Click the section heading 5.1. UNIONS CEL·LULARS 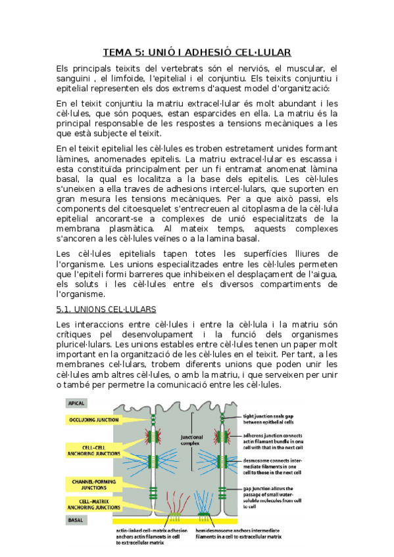(x=106, y=308)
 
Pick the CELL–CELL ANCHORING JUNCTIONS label (x=91, y=451)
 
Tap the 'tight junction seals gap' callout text (x=272, y=416)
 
